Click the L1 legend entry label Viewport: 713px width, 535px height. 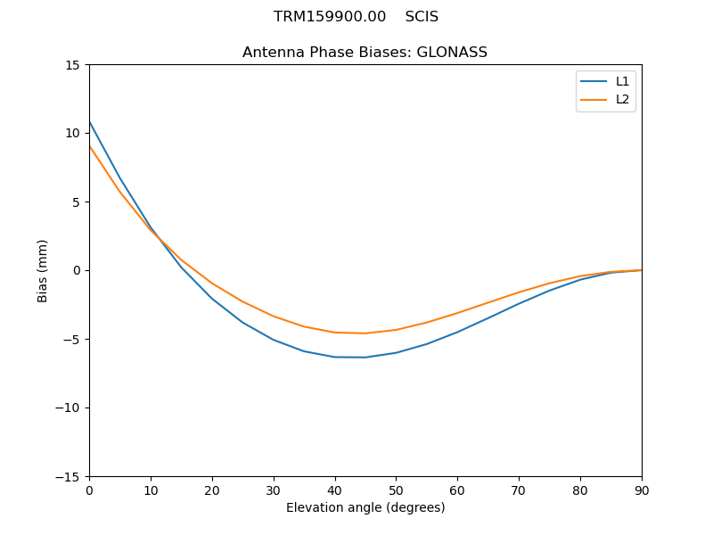pos(622,81)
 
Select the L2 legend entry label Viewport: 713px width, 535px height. pos(622,99)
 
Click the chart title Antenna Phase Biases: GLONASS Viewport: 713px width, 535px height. pos(365,53)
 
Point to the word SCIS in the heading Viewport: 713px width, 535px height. pos(422,17)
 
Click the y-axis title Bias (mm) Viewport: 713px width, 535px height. pos(43,270)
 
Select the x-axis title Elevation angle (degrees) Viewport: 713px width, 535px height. pos(365,507)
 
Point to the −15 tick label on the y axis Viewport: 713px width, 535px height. pos(68,476)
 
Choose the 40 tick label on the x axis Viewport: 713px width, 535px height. pos(335,490)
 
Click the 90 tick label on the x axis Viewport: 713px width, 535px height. pos(642,490)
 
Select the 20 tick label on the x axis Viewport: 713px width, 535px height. pos(212,490)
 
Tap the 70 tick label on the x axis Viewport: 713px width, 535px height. pos(519,490)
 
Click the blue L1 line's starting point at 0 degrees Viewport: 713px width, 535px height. pos(90,122)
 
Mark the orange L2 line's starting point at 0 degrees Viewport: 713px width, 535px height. pos(90,146)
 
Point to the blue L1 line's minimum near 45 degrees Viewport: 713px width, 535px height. pos(365,358)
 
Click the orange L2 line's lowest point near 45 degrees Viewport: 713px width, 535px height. pos(365,333)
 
